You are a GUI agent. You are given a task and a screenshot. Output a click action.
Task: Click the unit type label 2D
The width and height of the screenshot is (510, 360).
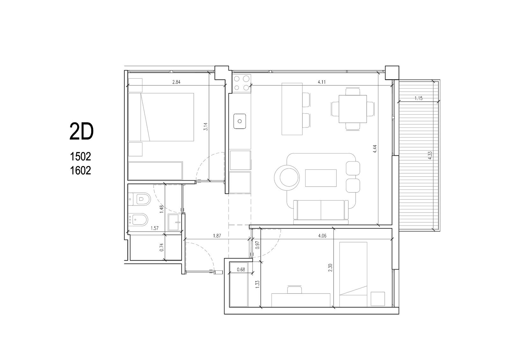click(x=82, y=132)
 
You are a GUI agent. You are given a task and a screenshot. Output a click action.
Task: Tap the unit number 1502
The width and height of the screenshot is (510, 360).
click(x=80, y=156)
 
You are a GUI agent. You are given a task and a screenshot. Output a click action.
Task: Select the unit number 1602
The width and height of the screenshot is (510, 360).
click(x=80, y=170)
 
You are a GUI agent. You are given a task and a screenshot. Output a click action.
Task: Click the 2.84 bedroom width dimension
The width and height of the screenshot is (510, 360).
click(x=177, y=82)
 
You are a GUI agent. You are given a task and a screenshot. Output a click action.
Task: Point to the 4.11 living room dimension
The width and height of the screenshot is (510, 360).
click(x=322, y=82)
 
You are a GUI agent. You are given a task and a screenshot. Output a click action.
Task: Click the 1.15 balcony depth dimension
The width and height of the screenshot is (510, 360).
click(x=419, y=98)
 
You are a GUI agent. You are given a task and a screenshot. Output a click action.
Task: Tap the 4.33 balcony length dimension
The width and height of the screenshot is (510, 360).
click(x=430, y=155)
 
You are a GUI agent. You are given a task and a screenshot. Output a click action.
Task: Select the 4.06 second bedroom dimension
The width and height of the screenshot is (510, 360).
click(x=322, y=236)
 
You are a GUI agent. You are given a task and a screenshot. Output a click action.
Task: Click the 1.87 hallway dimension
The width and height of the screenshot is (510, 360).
click(x=217, y=236)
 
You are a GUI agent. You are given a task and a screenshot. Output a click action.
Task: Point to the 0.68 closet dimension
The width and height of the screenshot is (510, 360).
click(x=241, y=270)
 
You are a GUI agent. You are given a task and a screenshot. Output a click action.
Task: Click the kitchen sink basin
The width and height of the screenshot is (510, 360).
click(x=240, y=121)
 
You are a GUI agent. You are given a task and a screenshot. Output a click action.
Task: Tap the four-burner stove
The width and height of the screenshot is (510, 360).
click(x=242, y=83)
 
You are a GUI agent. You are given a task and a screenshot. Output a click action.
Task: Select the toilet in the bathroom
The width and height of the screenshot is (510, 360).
click(x=140, y=199)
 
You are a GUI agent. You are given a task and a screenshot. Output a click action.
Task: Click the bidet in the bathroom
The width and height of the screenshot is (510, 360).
click(x=138, y=220)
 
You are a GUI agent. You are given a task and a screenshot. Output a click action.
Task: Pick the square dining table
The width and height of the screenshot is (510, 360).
click(x=353, y=109)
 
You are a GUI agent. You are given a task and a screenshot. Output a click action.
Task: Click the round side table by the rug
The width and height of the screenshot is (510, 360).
click(x=287, y=178)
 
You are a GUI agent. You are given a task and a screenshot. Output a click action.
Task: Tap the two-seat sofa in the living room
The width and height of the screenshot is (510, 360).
click(x=321, y=212)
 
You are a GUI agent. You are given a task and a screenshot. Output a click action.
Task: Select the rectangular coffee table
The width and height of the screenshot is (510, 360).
click(x=321, y=178)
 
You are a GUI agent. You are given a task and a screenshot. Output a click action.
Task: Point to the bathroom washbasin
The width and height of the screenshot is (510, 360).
click(x=174, y=222)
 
